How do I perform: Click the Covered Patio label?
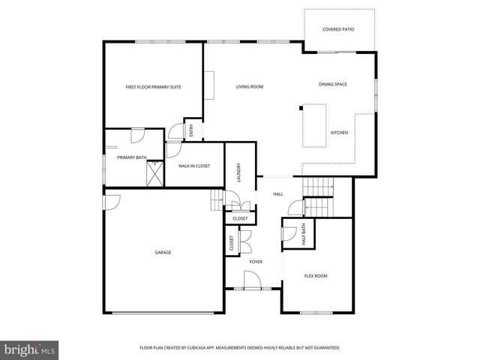[337, 29]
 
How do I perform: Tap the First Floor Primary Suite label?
[153, 87]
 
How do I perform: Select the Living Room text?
[250, 87]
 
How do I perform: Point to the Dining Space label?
[332, 84]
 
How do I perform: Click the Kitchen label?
[339, 133]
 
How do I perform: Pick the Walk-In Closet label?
[193, 165]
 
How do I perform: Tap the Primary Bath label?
[130, 157]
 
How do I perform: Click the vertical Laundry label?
[238, 172]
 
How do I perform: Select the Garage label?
[163, 252]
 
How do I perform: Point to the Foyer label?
[256, 262]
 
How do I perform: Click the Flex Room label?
[316, 276]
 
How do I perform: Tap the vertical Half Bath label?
[304, 234]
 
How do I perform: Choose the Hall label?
[277, 194]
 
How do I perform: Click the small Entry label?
[191, 131]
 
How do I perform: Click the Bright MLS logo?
[29, 349]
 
